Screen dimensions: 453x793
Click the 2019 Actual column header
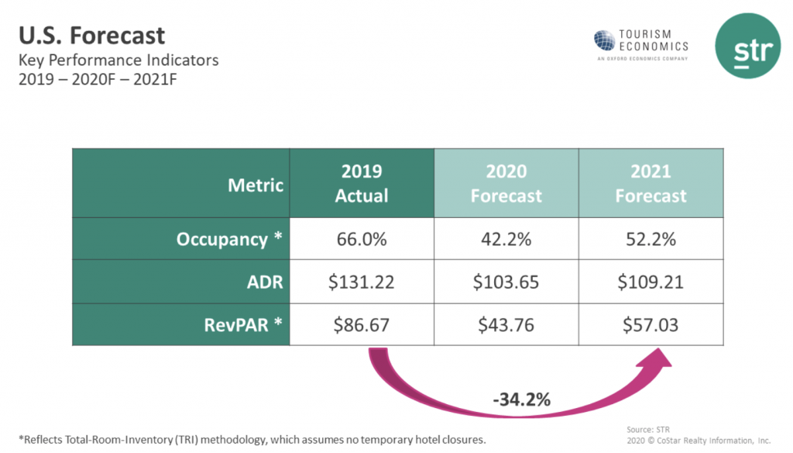362,184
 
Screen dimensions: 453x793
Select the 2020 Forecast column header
506,184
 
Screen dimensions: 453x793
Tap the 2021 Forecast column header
651,184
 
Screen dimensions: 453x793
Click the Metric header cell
256,185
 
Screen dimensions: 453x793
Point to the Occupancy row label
228,239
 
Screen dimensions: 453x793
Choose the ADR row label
266,282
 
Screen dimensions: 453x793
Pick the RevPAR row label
238,324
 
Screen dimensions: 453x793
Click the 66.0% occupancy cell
362,239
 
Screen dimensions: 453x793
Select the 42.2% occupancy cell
506,239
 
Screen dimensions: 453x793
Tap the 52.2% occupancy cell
651,239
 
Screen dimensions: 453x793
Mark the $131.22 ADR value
362,282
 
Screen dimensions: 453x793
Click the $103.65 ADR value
506,282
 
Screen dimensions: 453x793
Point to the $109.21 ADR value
651,282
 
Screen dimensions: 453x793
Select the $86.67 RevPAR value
362,324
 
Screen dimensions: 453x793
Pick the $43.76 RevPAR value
506,324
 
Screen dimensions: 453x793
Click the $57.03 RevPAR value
651,324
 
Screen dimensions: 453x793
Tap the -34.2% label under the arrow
521,400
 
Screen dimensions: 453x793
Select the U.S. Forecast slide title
91,35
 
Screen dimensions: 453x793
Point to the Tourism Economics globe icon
604,40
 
